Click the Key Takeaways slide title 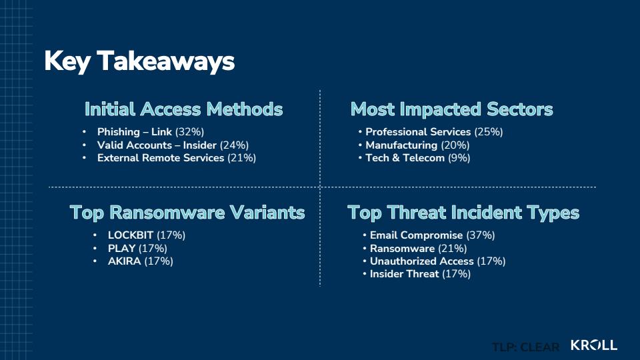coord(139,61)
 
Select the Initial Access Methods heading coord(184,109)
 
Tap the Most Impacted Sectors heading coord(451,109)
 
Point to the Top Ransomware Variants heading coord(187,213)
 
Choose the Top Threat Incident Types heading coord(463,213)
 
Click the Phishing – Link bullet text coord(151,132)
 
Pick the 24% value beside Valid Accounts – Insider coord(234,145)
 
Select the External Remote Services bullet coord(176,158)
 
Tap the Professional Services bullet coord(434,132)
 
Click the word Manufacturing coord(401,145)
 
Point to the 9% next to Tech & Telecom coord(459,158)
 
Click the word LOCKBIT coord(131,235)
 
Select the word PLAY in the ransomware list coord(121,248)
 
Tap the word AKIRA coord(124,261)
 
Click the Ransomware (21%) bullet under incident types coord(419,248)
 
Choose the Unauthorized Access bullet coord(437,261)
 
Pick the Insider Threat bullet coord(420,274)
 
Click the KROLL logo coord(594,345)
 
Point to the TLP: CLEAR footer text coord(526,347)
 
